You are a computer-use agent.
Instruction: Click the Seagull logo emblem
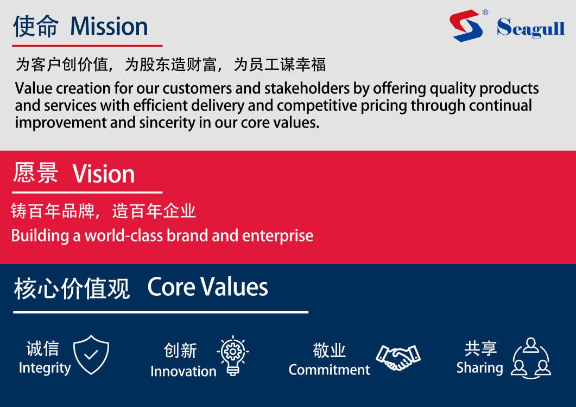[x=466, y=26]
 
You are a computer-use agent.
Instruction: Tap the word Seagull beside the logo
[x=530, y=28]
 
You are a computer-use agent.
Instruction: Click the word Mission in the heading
[x=109, y=26]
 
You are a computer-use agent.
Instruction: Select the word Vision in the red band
[x=104, y=174]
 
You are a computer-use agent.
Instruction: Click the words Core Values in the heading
[x=207, y=287]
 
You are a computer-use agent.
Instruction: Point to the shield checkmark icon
[x=91, y=354]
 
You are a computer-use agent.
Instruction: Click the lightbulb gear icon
[x=232, y=355]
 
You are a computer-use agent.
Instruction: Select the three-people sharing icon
[x=530, y=358]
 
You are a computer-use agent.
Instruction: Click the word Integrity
[x=45, y=368]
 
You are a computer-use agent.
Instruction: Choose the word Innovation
[x=183, y=371]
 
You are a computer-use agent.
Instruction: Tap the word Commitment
[x=329, y=370]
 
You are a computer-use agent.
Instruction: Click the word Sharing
[x=479, y=368]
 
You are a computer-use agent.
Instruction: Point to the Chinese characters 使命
[x=36, y=26]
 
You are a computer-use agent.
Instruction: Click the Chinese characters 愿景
[x=36, y=174]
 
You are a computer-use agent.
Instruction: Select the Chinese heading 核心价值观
[x=72, y=288]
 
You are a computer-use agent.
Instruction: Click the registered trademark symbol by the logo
[x=485, y=12]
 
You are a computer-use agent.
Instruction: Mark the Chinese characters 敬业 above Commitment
[x=329, y=351]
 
